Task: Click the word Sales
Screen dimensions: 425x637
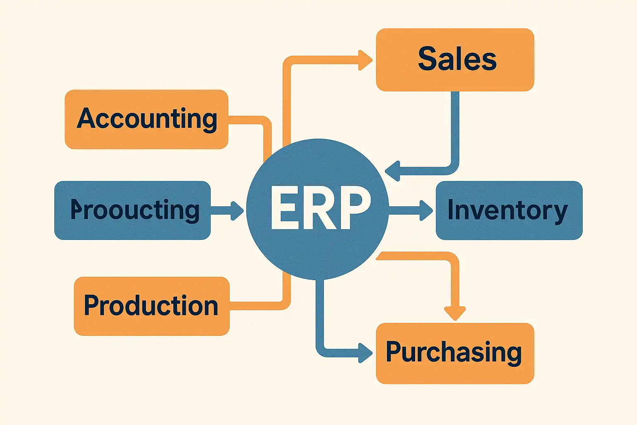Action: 457,59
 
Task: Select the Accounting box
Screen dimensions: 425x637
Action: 146,119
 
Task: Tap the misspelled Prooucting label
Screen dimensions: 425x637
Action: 135,210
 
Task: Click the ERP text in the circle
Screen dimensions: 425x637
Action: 320,208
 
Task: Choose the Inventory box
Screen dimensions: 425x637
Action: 509,210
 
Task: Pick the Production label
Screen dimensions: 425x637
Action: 151,306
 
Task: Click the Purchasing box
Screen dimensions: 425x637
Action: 455,353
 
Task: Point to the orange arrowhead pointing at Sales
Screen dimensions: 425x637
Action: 365,60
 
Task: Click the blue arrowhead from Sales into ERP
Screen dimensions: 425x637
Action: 392,171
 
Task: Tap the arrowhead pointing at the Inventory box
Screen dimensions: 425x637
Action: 426,210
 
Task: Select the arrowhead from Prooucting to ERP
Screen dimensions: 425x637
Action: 237,210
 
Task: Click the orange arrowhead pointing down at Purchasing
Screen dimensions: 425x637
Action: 455,313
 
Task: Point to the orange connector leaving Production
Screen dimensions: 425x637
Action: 257,306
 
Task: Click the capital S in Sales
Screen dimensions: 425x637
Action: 427,59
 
